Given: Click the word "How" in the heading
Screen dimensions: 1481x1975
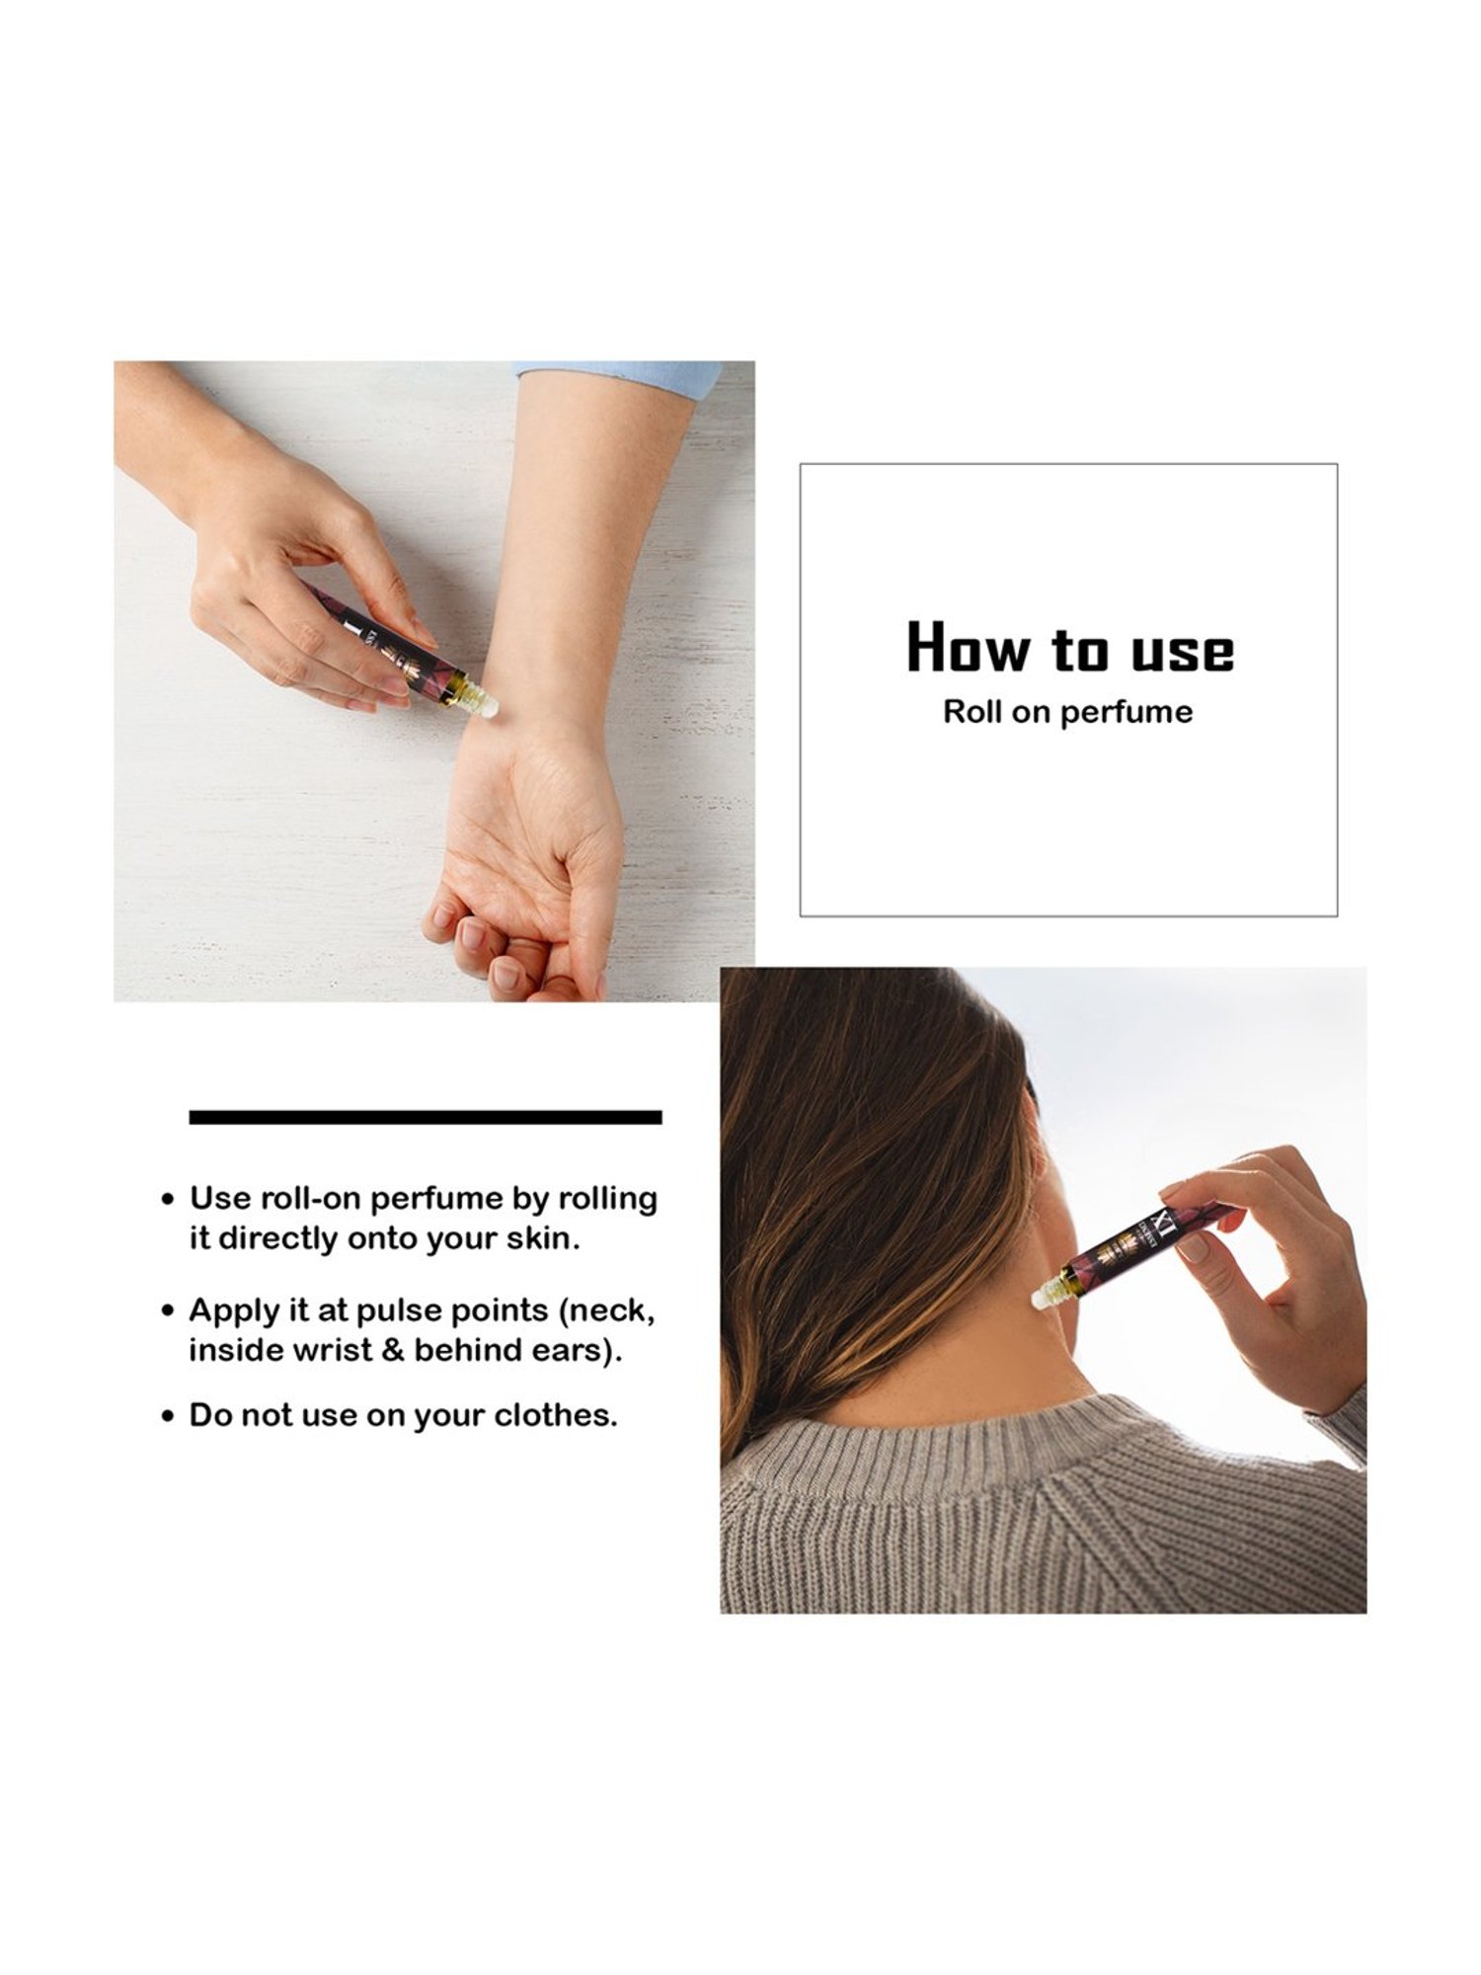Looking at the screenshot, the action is point(969,648).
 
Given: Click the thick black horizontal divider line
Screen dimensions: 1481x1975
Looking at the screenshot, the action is point(425,1117).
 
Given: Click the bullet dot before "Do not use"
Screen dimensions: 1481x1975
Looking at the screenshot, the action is point(169,1417).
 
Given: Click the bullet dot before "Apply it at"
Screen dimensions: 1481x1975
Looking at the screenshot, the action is point(169,1312).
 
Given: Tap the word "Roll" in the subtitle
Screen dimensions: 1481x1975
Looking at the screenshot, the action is point(972,712).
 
